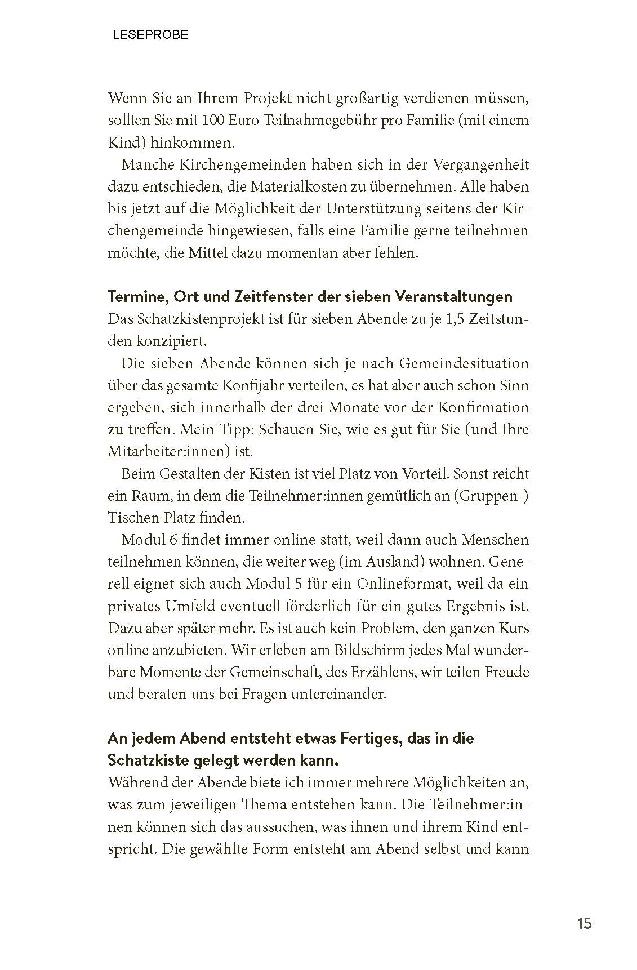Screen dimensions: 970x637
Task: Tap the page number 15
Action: point(584,923)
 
